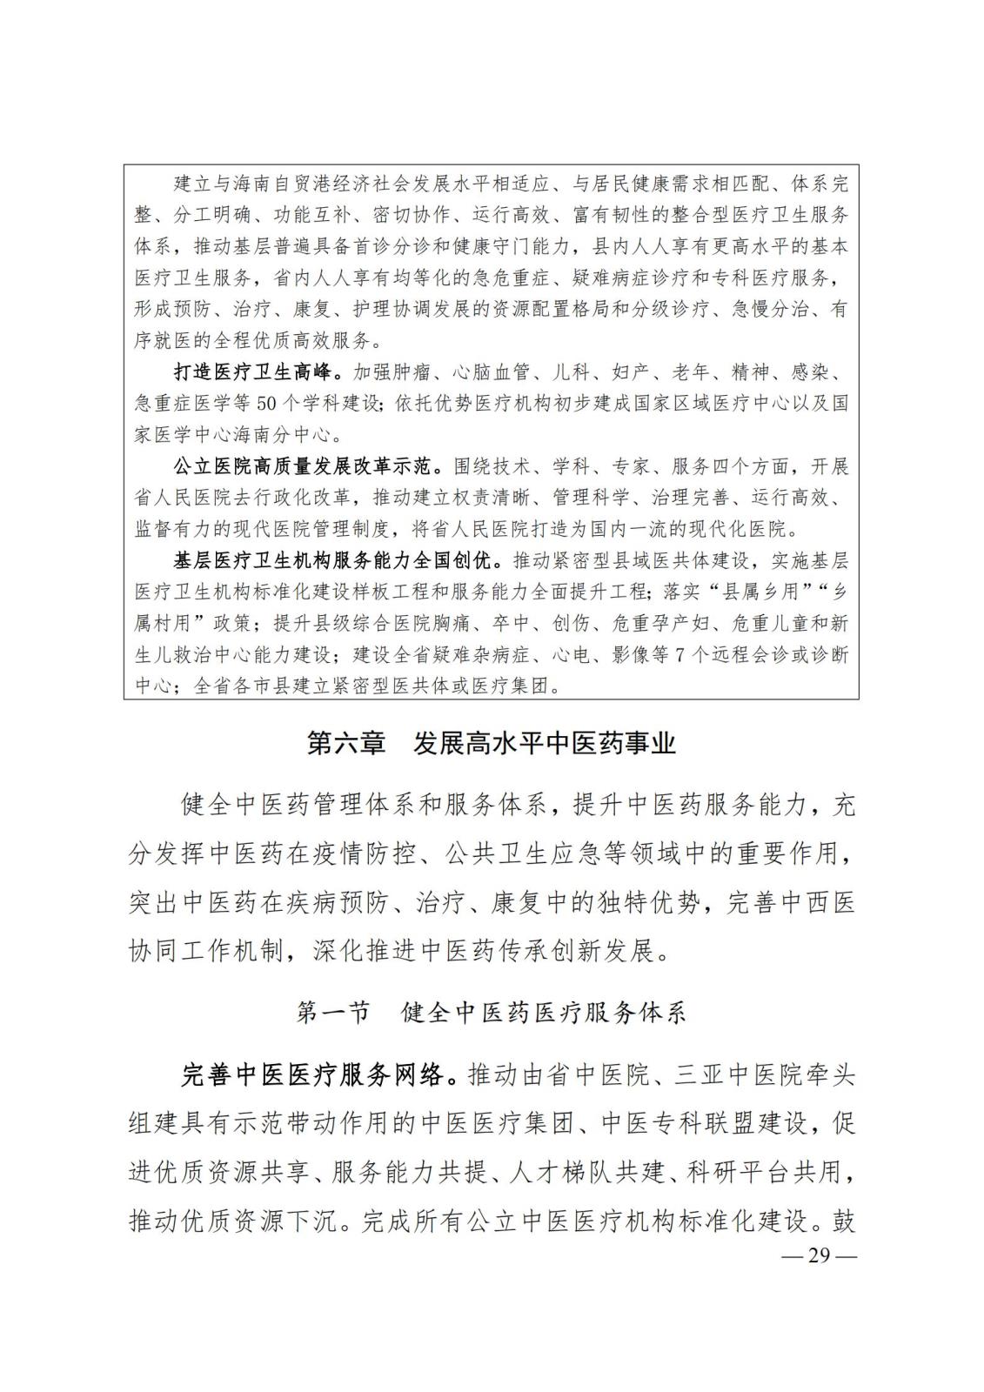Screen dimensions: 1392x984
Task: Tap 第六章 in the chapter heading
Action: (x=346, y=745)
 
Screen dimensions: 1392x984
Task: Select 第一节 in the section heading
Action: (x=333, y=1013)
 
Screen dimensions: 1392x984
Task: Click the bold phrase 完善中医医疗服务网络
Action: (x=318, y=1076)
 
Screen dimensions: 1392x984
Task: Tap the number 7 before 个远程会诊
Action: (x=680, y=655)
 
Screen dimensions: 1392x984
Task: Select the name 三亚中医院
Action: (x=726, y=1076)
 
